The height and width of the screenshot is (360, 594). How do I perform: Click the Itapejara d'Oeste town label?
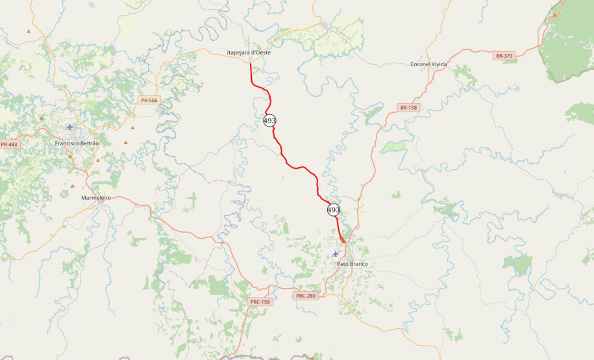(x=249, y=53)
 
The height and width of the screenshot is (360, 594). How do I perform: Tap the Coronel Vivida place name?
(x=429, y=64)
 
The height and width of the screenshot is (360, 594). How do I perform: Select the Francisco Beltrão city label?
(x=77, y=143)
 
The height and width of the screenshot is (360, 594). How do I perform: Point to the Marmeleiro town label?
(x=96, y=197)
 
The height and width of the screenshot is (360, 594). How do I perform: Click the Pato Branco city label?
(x=353, y=264)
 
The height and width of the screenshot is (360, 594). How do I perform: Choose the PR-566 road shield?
(x=149, y=100)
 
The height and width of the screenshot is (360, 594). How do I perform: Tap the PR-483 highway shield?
(x=8, y=144)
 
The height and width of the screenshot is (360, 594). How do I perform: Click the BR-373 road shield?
(x=504, y=56)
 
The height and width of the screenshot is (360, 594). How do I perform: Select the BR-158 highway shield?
(x=408, y=107)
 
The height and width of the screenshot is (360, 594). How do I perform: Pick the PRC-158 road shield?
(x=260, y=302)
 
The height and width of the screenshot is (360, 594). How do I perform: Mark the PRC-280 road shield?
(x=305, y=296)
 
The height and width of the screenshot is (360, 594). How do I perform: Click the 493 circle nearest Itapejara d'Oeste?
(x=270, y=121)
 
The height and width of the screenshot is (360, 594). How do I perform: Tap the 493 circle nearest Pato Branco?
(x=334, y=210)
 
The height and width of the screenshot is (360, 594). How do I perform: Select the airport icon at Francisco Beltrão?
(x=70, y=126)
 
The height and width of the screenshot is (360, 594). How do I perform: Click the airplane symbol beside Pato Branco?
(x=335, y=254)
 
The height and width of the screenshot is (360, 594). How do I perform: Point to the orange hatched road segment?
(x=342, y=239)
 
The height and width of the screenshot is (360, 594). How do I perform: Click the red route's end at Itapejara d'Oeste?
(x=251, y=63)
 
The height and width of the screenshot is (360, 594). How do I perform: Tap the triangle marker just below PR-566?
(x=133, y=127)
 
